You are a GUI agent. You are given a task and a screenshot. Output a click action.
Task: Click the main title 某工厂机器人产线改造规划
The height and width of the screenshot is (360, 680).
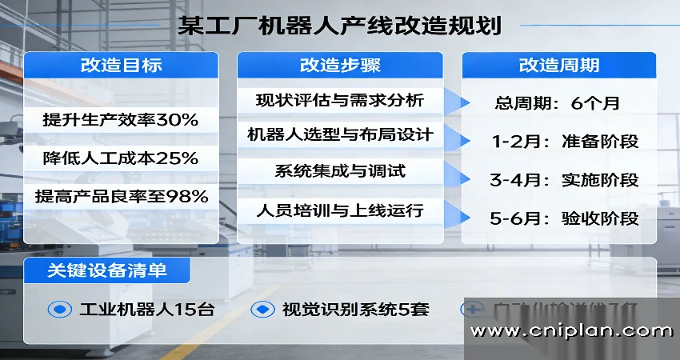[340, 26]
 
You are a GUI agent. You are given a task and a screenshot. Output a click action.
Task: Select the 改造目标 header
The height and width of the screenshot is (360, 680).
[121, 66]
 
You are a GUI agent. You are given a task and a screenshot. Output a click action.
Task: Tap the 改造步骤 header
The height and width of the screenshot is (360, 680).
[339, 66]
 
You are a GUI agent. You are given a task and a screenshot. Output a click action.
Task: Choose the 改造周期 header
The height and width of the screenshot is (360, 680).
[559, 66]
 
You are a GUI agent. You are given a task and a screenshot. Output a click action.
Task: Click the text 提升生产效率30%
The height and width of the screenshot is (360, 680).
[120, 121]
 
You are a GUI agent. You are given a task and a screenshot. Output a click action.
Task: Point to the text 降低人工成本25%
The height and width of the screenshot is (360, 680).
[120, 158]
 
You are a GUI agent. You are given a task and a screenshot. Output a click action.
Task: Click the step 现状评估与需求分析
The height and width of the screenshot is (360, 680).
[339, 101]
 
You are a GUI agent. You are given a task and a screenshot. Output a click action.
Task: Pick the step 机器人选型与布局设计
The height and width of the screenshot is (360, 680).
[339, 135]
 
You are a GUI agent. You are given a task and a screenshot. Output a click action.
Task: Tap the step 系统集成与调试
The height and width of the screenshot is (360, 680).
[339, 171]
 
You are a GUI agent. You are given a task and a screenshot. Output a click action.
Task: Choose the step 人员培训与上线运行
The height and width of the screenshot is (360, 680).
[339, 212]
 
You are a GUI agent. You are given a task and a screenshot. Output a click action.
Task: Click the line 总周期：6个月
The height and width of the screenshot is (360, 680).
[557, 103]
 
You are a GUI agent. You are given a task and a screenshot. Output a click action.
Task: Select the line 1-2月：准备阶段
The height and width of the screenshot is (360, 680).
[565, 142]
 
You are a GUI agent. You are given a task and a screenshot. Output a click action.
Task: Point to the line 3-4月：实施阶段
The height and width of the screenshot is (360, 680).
[565, 180]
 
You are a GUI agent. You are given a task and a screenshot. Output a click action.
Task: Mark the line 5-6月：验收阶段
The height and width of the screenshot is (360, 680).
[565, 218]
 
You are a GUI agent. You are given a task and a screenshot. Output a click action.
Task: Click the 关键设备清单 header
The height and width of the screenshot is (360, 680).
[107, 270]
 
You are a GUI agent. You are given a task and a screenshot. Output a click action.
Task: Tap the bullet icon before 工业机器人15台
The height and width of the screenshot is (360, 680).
[60, 310]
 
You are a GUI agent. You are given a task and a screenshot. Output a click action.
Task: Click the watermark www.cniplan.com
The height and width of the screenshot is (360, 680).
[571, 330]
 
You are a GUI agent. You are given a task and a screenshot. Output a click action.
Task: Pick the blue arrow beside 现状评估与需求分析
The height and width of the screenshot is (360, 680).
[457, 102]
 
